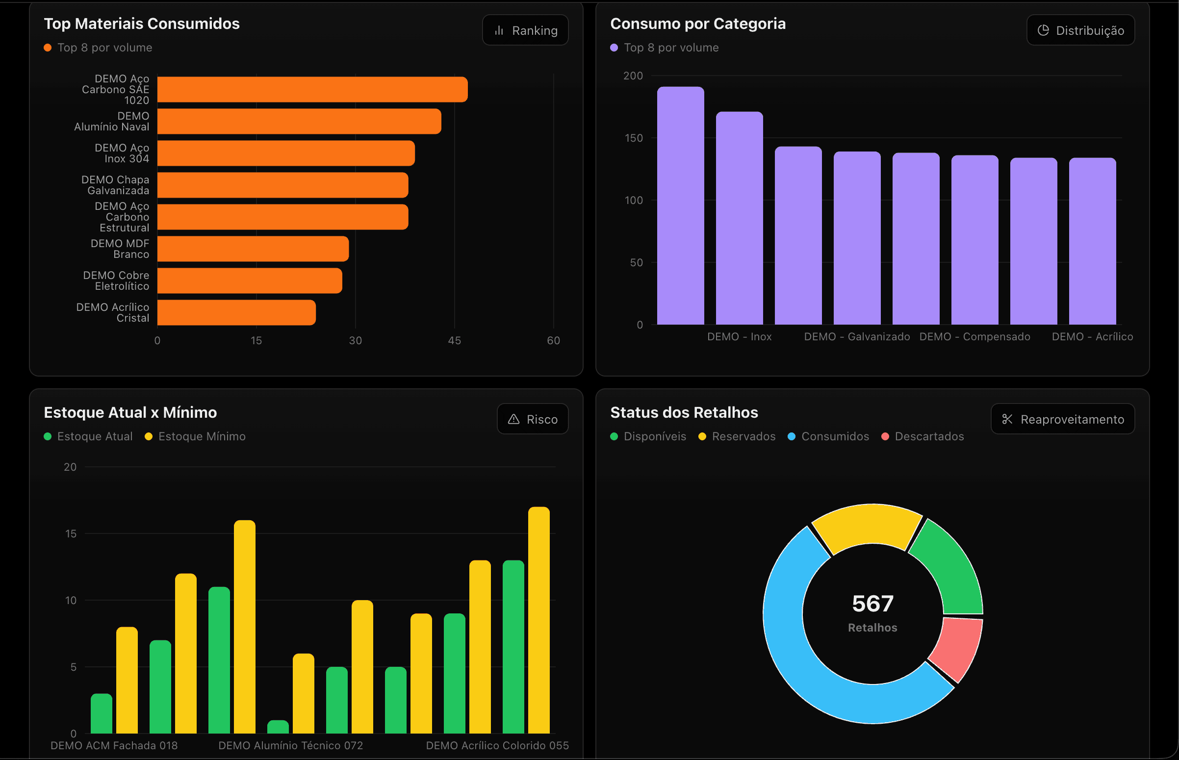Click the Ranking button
(525, 30)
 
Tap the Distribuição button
(1080, 30)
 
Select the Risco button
(533, 420)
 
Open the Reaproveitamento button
(1063, 420)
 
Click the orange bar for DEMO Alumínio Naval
(299, 122)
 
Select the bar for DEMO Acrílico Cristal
(236, 312)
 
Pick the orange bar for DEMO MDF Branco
(253, 249)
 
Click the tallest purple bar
(681, 206)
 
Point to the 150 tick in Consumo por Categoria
(634, 138)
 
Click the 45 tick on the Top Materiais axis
(455, 340)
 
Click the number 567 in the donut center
(872, 604)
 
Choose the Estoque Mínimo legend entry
(195, 436)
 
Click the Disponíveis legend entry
(648, 436)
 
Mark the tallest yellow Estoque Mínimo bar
(539, 620)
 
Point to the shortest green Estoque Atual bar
(278, 727)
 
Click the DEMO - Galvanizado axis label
(857, 336)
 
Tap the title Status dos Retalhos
(684, 412)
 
